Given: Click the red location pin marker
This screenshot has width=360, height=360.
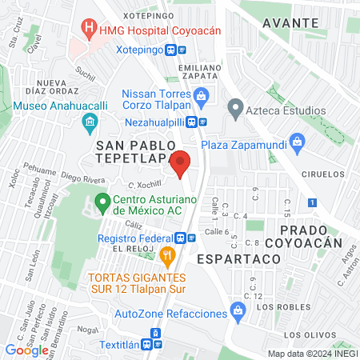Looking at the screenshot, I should pyautogui.click(x=181, y=163).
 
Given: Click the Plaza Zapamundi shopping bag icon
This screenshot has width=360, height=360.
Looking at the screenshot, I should pyautogui.click(x=298, y=145).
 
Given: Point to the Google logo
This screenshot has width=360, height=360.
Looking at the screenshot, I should pyautogui.click(x=26, y=350).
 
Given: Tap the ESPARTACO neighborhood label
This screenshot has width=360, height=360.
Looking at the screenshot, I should pyautogui.click(x=238, y=259).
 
